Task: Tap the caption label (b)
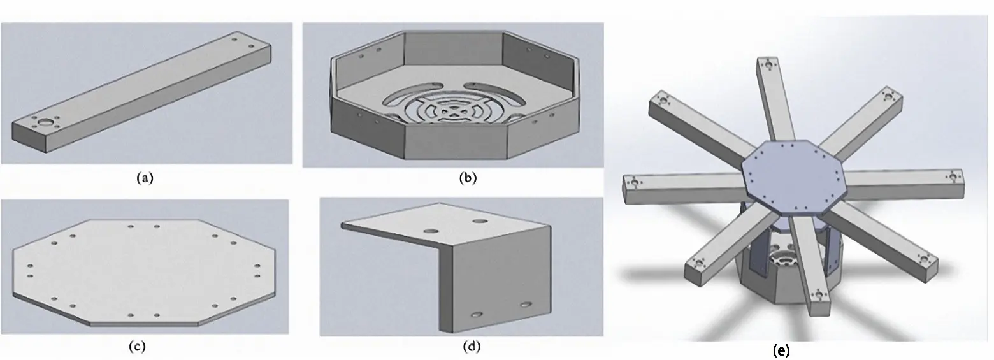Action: pyautogui.click(x=468, y=178)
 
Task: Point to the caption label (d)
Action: pyautogui.click(x=472, y=347)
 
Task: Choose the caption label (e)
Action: pyautogui.click(x=781, y=351)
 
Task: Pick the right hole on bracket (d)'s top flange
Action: pyautogui.click(x=480, y=220)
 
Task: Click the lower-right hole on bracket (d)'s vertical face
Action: pyautogui.click(x=526, y=305)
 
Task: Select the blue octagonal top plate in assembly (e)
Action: pyautogui.click(x=793, y=175)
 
